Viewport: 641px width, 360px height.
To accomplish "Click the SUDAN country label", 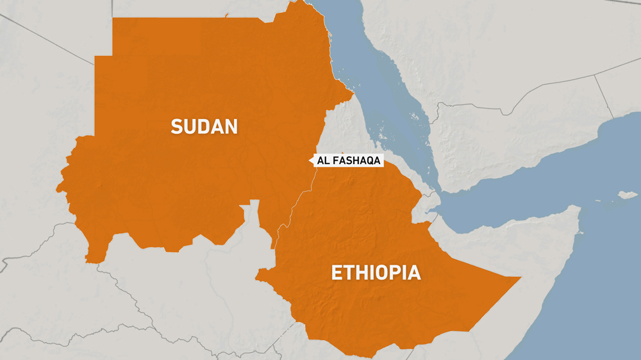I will tap(204, 126).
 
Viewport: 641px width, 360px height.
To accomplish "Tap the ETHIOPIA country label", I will tap(376, 273).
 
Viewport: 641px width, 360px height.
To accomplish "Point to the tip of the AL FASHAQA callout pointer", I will tap(310, 161).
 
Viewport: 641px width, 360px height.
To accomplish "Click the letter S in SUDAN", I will tap(176, 126).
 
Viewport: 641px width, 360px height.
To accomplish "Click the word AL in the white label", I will tap(324, 161).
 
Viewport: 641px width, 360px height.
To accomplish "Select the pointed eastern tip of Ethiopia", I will tap(520, 278).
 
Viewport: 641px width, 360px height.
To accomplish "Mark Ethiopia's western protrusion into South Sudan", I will tap(260, 277).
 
